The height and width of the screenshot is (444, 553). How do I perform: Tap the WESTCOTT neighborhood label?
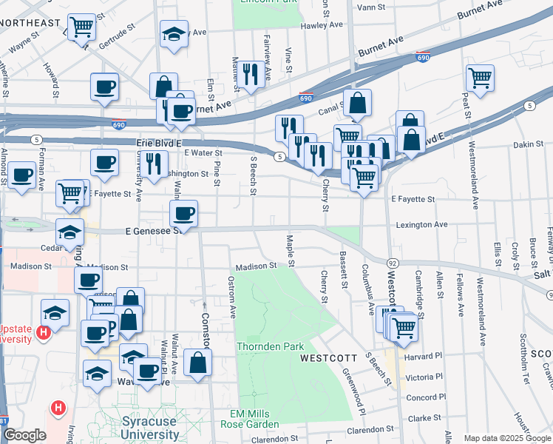(329, 358)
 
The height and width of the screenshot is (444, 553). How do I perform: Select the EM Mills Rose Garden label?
(249, 419)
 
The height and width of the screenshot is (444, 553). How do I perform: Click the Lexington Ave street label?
(421, 224)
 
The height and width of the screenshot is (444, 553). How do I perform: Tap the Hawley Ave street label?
(322, 25)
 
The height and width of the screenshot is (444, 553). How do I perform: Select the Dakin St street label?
(528, 144)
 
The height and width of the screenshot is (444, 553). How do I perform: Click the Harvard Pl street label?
(424, 356)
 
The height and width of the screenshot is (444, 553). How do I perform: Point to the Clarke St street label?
(424, 418)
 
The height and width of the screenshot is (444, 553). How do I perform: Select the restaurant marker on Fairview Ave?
(251, 73)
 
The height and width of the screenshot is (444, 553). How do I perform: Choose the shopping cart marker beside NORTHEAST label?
(81, 27)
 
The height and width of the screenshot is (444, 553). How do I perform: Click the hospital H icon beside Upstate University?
(43, 334)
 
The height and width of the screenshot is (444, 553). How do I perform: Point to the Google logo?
(24, 435)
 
